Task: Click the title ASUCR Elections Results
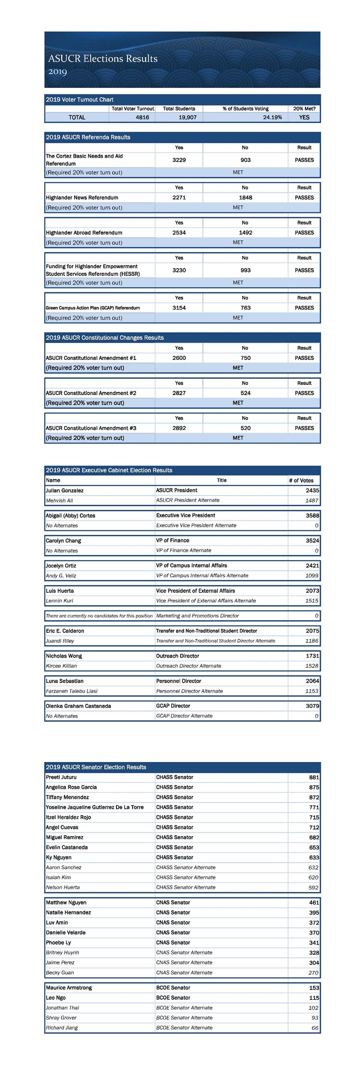(103, 59)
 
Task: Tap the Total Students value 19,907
(187, 117)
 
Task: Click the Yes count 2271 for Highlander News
(179, 198)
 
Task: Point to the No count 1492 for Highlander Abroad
(245, 233)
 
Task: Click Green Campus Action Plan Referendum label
(93, 308)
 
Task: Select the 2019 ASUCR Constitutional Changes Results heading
(105, 338)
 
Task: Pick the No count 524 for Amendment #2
(245, 393)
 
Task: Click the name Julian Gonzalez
(65, 490)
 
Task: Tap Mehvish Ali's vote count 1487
(312, 501)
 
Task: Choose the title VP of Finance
(172, 540)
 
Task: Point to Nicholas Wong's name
(64, 656)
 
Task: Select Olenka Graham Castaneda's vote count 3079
(312, 706)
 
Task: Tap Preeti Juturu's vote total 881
(314, 777)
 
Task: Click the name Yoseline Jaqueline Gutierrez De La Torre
(94, 807)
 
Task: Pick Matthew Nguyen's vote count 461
(314, 903)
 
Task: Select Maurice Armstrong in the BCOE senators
(69, 988)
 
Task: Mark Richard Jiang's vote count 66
(315, 1028)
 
